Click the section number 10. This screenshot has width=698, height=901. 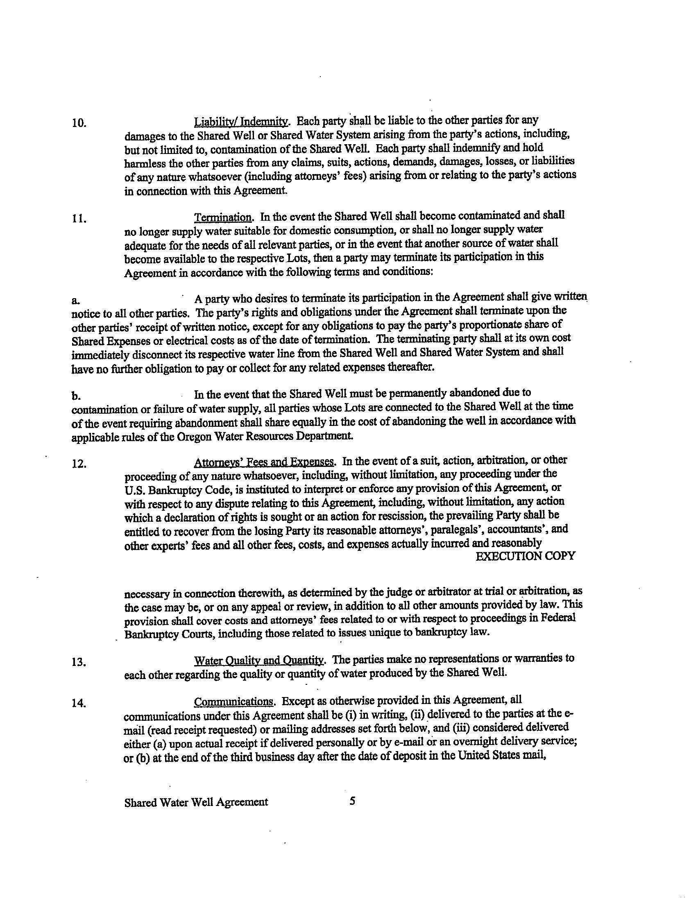coord(79,123)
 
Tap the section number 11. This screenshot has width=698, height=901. coord(79,219)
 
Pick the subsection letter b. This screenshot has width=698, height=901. coord(75,396)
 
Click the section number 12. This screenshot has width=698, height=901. coord(79,464)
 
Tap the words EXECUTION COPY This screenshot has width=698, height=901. coord(525,556)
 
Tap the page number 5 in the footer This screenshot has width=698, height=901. coord(352,801)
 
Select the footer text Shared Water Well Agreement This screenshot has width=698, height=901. coord(196,802)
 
